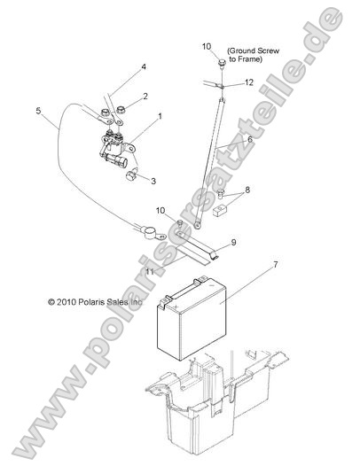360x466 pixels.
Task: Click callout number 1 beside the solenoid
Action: pyautogui.click(x=160, y=116)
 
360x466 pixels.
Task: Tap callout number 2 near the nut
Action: pyautogui.click(x=145, y=96)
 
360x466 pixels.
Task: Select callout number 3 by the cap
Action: pyautogui.click(x=153, y=181)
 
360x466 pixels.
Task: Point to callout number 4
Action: pyautogui.click(x=144, y=68)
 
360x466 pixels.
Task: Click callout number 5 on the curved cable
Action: pyautogui.click(x=39, y=111)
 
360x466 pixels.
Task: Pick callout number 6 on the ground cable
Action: pyautogui.click(x=249, y=139)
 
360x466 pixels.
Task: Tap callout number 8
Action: pyautogui.click(x=247, y=190)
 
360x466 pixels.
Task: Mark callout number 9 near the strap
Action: pyautogui.click(x=234, y=241)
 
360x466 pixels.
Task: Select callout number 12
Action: pyautogui.click(x=249, y=82)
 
